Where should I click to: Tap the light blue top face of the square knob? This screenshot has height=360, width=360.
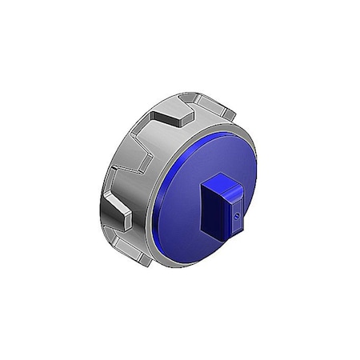tap(222, 186)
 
